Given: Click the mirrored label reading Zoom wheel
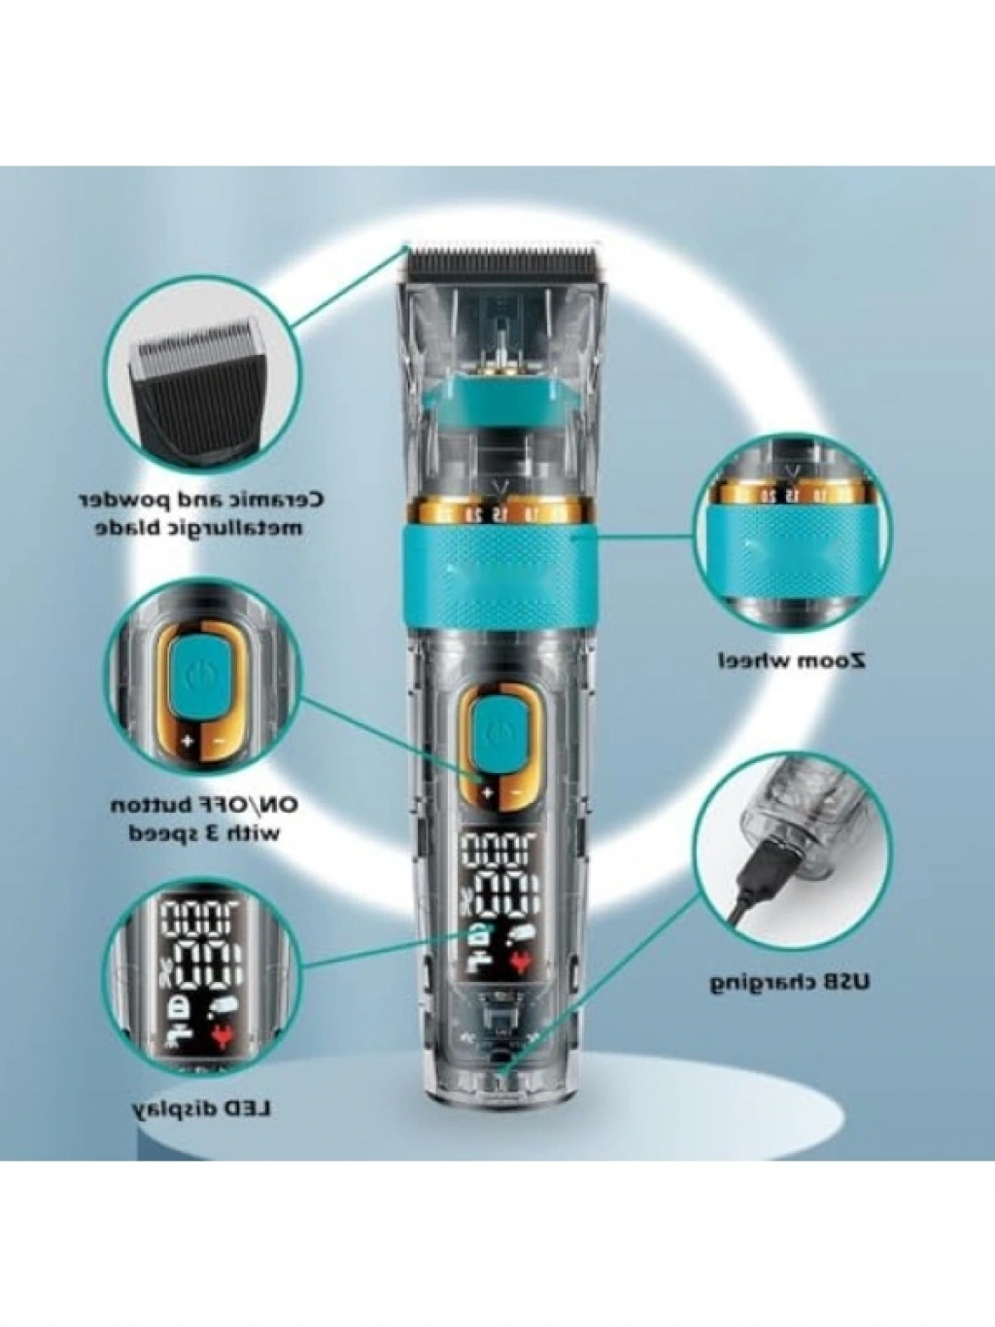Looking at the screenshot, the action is pos(793,659).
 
